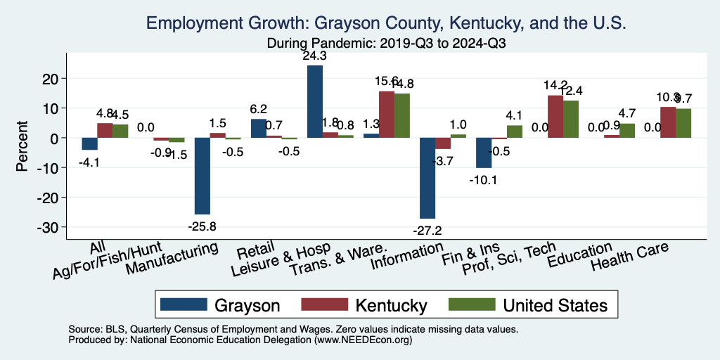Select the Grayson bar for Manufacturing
(202, 176)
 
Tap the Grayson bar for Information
(427, 178)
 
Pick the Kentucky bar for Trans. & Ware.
(387, 115)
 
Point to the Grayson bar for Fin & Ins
(484, 153)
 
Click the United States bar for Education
(627, 131)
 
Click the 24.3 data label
(315, 56)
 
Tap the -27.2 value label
(427, 230)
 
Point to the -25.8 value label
(202, 226)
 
